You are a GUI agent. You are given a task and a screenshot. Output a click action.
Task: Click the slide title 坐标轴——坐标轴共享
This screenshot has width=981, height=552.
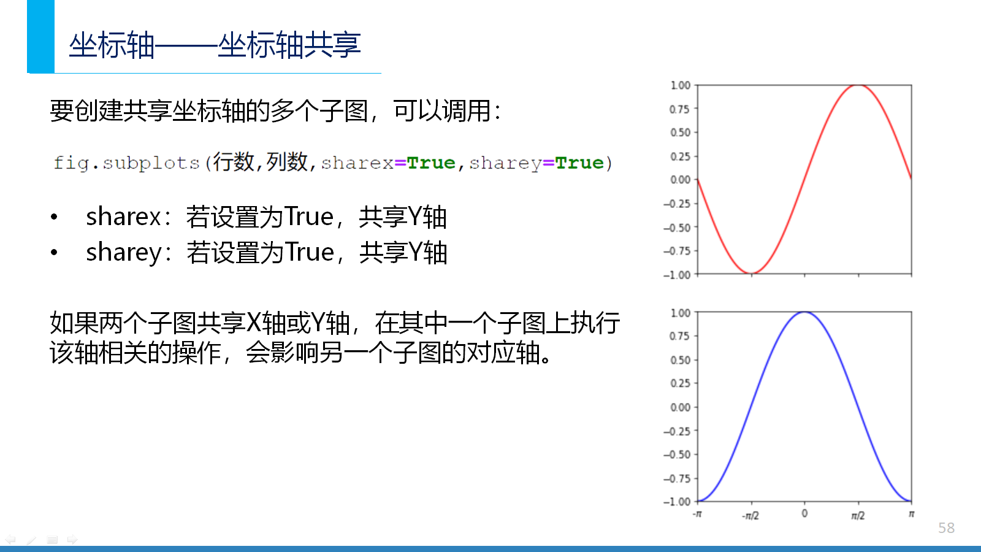(x=215, y=45)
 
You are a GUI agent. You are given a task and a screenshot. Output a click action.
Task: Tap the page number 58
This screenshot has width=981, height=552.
(x=947, y=528)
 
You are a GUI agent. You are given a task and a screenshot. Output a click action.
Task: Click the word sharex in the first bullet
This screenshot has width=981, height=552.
(x=123, y=217)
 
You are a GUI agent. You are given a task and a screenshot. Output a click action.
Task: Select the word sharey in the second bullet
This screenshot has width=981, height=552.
(x=124, y=253)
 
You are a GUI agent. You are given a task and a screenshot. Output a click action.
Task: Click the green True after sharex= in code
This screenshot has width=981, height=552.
(x=431, y=163)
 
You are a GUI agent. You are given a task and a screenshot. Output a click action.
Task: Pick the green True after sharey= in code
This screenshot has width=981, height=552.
(x=579, y=163)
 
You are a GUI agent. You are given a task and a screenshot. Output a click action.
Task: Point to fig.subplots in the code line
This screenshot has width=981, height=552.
(x=126, y=163)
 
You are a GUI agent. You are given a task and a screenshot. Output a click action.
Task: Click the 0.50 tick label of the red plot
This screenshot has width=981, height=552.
(x=680, y=132)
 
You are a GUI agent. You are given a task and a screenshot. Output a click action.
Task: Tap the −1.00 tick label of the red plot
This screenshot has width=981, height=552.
(x=677, y=275)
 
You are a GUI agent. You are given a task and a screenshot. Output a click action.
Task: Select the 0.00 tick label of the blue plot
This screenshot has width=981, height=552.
(x=680, y=407)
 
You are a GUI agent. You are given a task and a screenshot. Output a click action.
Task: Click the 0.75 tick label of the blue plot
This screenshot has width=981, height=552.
(x=679, y=336)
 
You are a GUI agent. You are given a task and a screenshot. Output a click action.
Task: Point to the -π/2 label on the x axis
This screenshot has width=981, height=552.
(x=750, y=516)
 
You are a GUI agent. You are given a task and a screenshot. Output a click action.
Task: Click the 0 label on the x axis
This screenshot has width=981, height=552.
(x=804, y=513)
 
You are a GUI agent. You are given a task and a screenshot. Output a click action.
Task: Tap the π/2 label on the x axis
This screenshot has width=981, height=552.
(x=858, y=516)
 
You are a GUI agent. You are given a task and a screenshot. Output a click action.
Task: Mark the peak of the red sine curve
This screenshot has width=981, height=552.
(x=858, y=85)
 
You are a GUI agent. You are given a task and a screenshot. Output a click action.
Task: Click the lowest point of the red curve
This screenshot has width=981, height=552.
(x=752, y=273)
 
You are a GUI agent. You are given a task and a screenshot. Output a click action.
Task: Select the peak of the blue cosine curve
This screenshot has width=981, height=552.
(x=804, y=312)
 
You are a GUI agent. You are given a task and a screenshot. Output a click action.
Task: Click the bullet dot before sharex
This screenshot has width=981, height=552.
(x=54, y=217)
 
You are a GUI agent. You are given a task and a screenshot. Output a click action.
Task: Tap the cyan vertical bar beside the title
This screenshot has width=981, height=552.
(x=40, y=36)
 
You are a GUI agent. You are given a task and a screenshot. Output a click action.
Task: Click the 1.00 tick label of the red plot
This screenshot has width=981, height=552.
(x=681, y=85)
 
